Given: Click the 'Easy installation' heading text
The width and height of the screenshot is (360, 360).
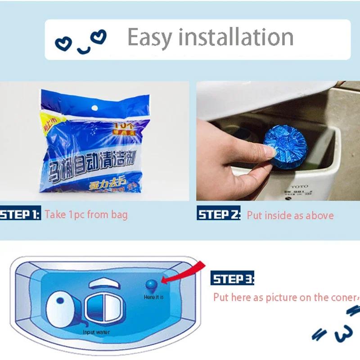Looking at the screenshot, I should pyautogui.click(x=210, y=37).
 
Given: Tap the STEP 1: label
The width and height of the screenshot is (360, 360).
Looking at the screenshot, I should pyautogui.click(x=20, y=214).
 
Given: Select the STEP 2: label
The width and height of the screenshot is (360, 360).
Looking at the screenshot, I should pyautogui.click(x=219, y=214).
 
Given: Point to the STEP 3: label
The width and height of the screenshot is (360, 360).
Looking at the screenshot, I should pyautogui.click(x=232, y=279).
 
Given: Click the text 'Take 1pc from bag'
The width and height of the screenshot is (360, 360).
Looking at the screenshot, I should pyautogui.click(x=86, y=214).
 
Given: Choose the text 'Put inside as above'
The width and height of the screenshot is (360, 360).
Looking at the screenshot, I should pyautogui.click(x=290, y=216).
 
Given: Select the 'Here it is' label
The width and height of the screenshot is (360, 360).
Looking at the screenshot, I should pyautogui.click(x=153, y=297).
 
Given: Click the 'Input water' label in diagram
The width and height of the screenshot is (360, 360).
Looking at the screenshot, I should pyautogui.click(x=96, y=333).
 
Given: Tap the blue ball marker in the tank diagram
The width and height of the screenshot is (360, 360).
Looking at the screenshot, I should pyautogui.click(x=152, y=285).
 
